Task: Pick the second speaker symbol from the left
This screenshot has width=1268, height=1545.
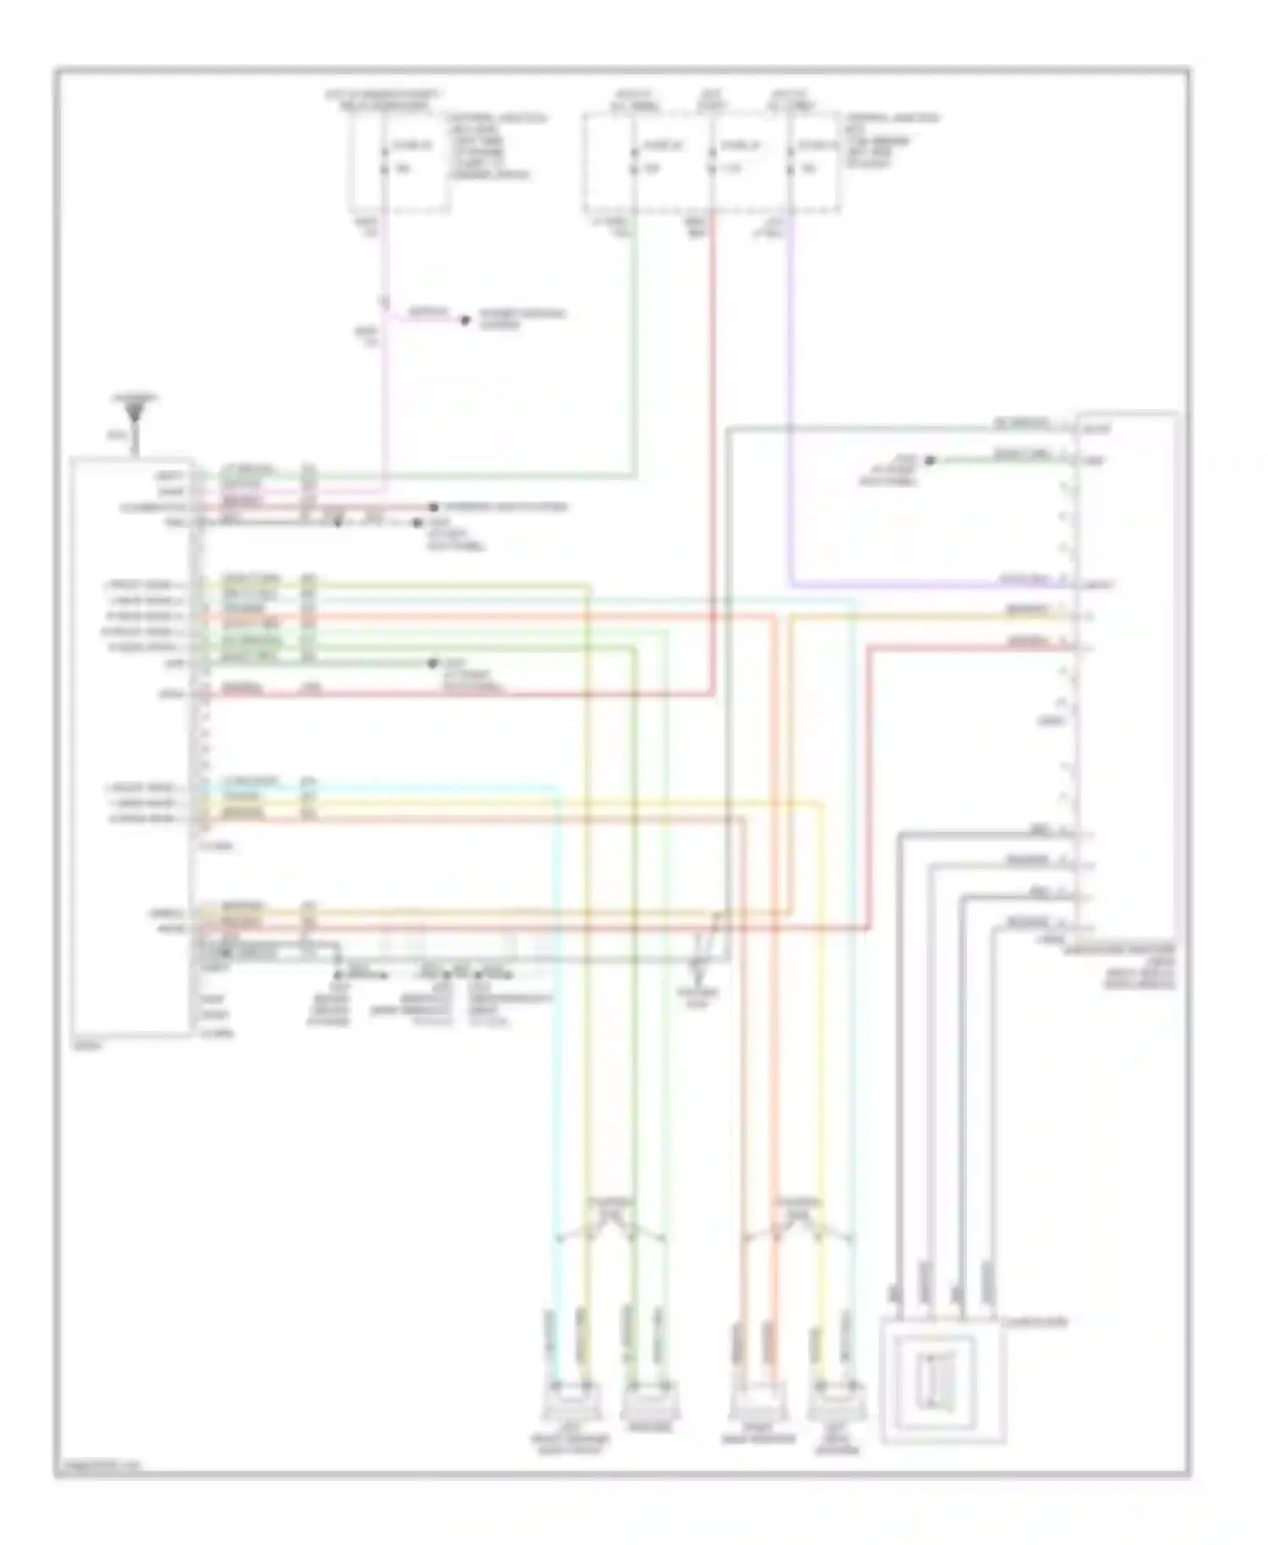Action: (x=648, y=1401)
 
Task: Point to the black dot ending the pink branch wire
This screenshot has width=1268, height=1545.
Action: (x=464, y=320)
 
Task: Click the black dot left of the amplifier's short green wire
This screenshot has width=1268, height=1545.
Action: (x=929, y=461)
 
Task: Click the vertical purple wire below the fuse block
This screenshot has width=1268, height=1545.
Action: (x=790, y=380)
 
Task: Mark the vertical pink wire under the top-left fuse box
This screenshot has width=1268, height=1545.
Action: (x=384, y=380)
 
